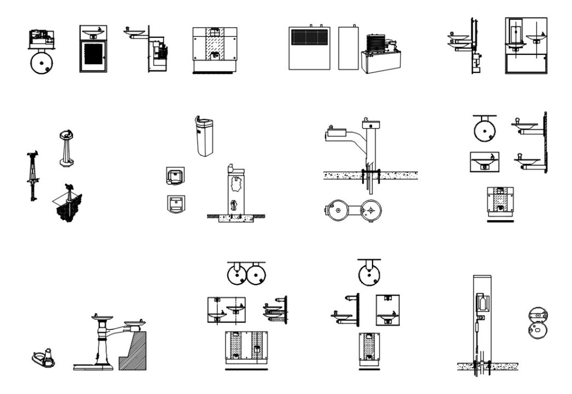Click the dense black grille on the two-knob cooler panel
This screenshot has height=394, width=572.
tap(309, 41)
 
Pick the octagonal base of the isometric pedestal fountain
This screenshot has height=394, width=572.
tap(66, 162)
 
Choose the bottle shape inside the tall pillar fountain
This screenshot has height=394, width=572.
tap(482, 302)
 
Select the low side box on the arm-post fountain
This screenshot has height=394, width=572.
tap(337, 132)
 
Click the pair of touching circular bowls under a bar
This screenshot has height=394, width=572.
tap(246, 273)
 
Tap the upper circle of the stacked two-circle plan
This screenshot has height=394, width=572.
tap(537, 316)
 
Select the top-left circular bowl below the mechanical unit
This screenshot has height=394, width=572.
tap(41, 62)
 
